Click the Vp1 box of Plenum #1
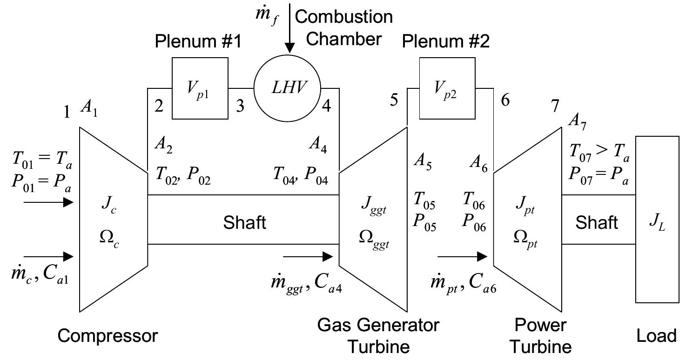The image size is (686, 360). [200, 88]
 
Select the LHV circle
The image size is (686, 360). [288, 88]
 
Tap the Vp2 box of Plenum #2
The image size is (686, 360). [447, 88]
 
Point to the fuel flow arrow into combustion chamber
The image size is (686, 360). [289, 28]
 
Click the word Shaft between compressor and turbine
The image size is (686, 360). [244, 222]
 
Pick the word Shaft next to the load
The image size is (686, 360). [597, 222]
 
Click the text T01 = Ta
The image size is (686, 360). [42, 163]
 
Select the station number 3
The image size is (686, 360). [240, 106]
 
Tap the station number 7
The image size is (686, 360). [554, 107]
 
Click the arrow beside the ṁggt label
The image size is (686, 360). [308, 256]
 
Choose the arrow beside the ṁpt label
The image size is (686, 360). [462, 256]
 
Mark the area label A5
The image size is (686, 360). [423, 164]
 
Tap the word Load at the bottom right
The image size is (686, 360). [656, 335]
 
